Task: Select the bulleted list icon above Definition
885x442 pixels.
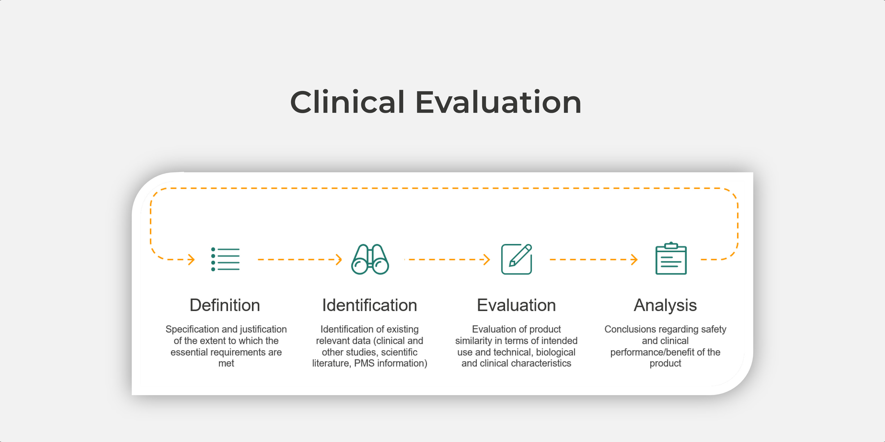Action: (x=225, y=259)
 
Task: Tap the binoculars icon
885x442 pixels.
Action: (x=370, y=259)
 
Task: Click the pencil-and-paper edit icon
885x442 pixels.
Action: (x=516, y=259)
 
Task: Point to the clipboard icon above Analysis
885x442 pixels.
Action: (x=671, y=258)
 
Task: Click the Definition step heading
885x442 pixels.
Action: (x=225, y=305)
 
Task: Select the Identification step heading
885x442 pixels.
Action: (x=370, y=305)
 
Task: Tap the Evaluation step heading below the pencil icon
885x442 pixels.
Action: (x=516, y=305)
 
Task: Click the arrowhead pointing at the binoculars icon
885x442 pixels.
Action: (x=339, y=259)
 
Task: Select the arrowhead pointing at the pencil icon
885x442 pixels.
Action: (x=487, y=259)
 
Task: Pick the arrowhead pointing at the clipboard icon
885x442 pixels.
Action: (x=635, y=259)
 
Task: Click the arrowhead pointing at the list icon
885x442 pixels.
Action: (x=191, y=259)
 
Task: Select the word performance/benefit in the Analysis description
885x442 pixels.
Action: (x=652, y=352)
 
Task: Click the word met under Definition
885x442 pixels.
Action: (x=226, y=363)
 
